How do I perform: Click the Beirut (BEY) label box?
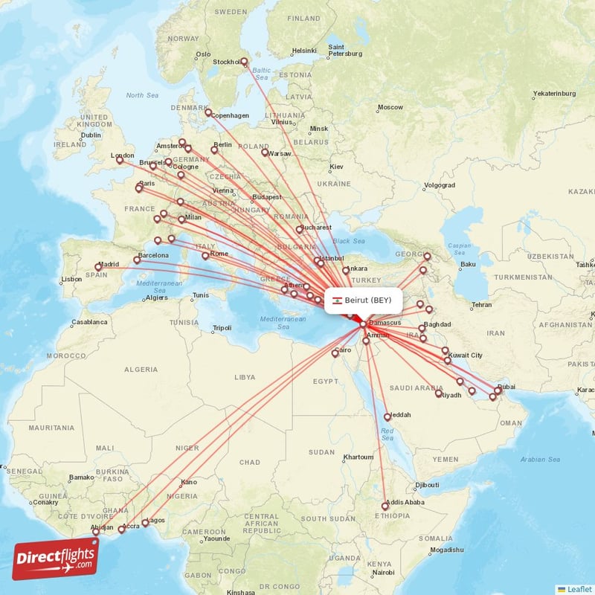click(364, 300)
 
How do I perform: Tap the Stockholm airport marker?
click(244, 62)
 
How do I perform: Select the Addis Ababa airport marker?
click(385, 506)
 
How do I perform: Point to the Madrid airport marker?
click(98, 267)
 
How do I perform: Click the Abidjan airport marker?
click(95, 532)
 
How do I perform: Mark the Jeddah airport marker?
click(387, 416)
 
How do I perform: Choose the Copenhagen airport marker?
click(209, 112)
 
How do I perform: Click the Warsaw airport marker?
click(265, 152)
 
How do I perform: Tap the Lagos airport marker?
click(145, 521)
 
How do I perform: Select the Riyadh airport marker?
click(439, 393)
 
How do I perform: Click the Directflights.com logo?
click(55, 559)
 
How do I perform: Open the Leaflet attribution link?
click(579, 589)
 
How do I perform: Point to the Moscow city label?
click(390, 108)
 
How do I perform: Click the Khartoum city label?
click(358, 457)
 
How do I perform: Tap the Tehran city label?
click(481, 305)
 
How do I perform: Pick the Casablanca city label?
click(89, 323)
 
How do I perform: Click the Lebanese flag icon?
click(337, 300)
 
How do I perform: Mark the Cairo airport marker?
click(335, 353)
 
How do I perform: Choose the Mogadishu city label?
click(451, 550)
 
